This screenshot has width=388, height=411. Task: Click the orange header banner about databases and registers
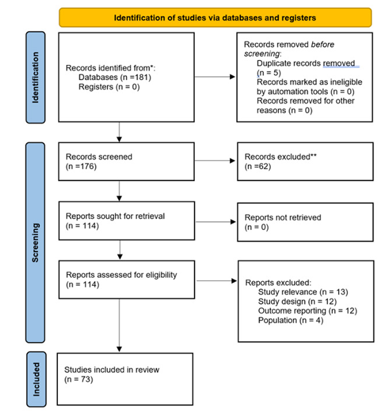(x=215, y=17)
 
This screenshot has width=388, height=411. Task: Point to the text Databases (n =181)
(x=108, y=77)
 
